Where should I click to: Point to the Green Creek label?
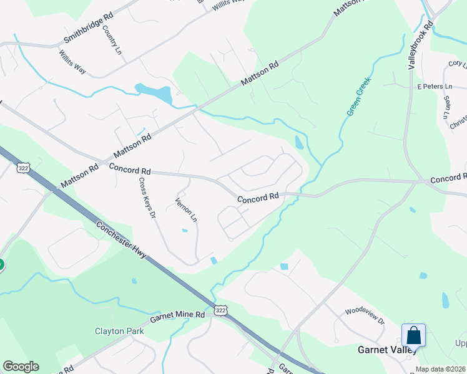click(359, 96)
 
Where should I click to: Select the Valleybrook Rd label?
click(421, 46)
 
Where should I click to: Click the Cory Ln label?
click(458, 64)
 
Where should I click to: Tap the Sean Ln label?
click(447, 106)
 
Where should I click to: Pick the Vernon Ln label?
click(185, 211)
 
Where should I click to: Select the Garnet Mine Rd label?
click(182, 315)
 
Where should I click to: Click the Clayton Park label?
click(119, 331)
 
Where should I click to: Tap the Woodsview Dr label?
click(365, 316)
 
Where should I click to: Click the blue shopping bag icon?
click(413, 335)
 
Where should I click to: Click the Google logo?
click(21, 367)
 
